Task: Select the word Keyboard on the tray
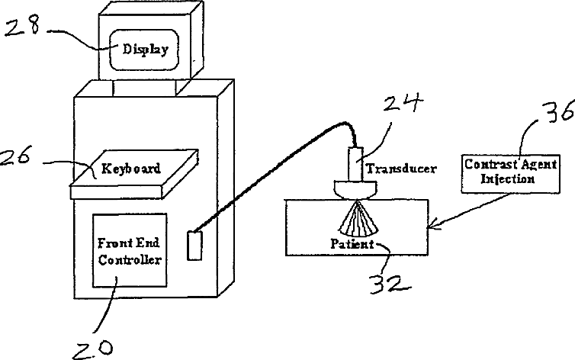click(x=131, y=169)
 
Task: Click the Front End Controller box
click(x=129, y=251)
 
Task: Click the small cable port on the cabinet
click(x=193, y=247)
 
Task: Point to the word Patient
click(x=352, y=245)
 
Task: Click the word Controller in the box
click(x=129, y=260)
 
